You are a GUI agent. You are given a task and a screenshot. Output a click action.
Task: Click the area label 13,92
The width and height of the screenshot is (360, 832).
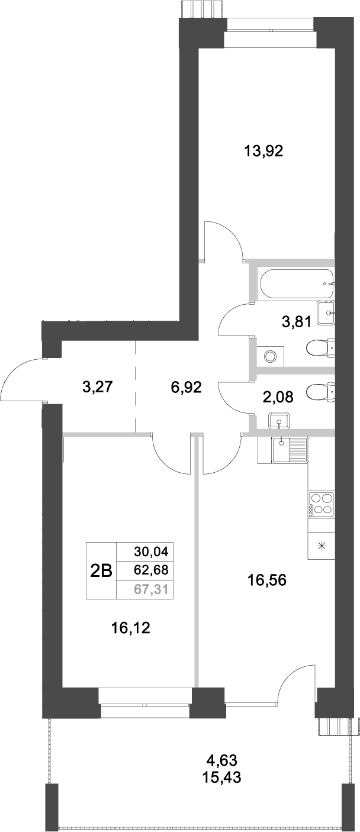[264, 151]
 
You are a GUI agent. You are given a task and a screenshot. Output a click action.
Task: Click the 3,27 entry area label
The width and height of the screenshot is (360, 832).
[98, 388]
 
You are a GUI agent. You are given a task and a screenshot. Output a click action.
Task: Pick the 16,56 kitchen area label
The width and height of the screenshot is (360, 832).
[266, 581]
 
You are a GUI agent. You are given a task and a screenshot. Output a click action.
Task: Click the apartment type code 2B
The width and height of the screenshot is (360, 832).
[101, 570]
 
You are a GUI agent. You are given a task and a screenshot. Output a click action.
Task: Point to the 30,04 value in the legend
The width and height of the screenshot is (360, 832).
[152, 552]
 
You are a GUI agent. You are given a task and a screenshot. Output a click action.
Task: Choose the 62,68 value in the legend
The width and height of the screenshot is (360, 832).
[152, 570]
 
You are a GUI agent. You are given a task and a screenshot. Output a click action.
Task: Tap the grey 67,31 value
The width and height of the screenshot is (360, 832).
[152, 589]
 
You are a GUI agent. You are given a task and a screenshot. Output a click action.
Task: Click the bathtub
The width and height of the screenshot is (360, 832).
[297, 285]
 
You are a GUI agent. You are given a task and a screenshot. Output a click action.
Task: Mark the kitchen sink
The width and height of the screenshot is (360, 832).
[289, 449]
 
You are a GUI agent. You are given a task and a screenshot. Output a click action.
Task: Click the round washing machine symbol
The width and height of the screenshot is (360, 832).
[271, 356]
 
